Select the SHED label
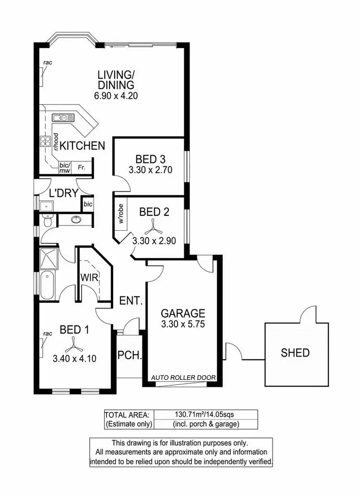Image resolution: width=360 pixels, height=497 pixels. [295, 353]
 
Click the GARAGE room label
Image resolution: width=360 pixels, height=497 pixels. [183, 313]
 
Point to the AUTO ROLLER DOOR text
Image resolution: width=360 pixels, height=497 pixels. [183, 378]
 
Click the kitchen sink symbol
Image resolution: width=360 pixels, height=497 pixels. [63, 118]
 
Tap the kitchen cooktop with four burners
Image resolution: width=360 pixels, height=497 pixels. [46, 141]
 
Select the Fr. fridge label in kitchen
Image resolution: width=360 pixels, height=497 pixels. [82, 167]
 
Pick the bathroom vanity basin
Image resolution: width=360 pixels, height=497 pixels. [75, 220]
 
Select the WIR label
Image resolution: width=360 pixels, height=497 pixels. [90, 277]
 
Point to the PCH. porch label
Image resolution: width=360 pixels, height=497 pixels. [129, 356]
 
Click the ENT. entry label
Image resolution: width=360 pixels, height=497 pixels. [131, 301]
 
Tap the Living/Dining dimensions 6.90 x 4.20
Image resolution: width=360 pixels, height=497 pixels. [116, 95]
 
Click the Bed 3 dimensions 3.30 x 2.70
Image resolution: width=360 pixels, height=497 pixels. [150, 169]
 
